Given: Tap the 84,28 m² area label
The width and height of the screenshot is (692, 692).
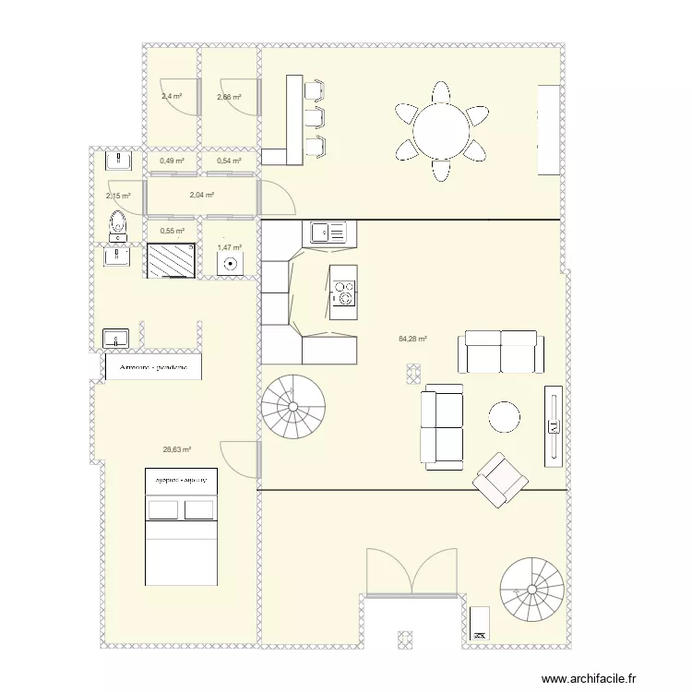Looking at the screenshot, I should pyautogui.click(x=412, y=340).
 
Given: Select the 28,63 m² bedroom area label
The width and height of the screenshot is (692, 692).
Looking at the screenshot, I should pyautogui.click(x=176, y=450).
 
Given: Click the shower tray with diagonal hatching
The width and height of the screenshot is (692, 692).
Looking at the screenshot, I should pyautogui.click(x=172, y=260).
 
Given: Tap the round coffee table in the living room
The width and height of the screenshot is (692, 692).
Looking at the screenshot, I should pyautogui.click(x=505, y=416).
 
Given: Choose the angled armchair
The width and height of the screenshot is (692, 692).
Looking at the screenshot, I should pyautogui.click(x=498, y=480).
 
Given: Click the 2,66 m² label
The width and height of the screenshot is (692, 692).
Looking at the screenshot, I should pyautogui.click(x=229, y=97).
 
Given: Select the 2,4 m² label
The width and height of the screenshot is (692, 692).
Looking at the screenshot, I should pyautogui.click(x=172, y=96).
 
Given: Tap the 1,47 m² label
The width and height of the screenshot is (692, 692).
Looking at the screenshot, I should pyautogui.click(x=229, y=247).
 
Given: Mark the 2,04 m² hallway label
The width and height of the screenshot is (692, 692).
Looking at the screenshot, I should pyautogui.click(x=201, y=196).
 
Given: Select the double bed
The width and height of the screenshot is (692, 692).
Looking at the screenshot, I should pyautogui.click(x=181, y=527).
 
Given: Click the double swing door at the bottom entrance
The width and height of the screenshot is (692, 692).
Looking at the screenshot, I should pyautogui.click(x=412, y=572).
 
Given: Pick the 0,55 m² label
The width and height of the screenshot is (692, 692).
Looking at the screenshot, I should pyautogui.click(x=173, y=232).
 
